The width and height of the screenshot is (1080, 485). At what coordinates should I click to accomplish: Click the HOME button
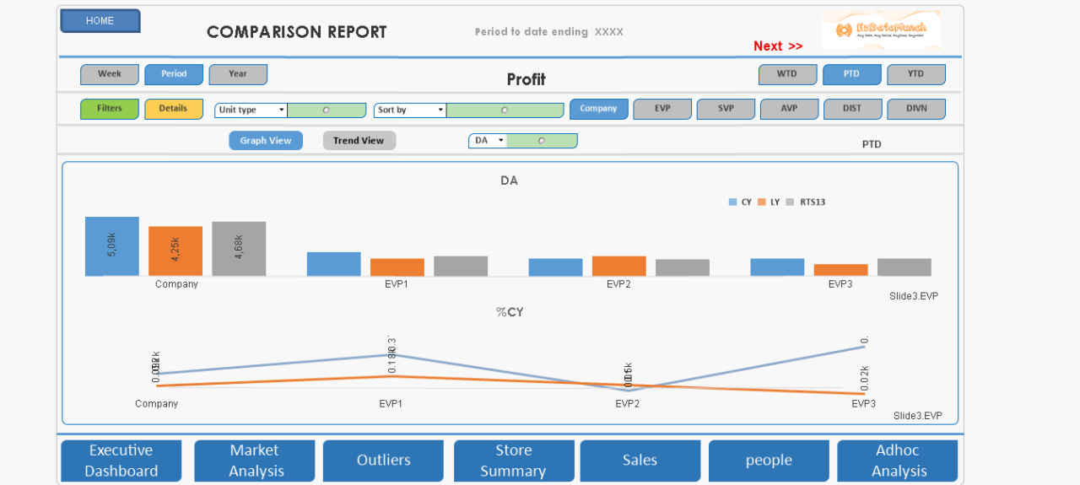coord(100,21)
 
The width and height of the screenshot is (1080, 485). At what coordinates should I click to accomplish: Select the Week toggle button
coord(110,74)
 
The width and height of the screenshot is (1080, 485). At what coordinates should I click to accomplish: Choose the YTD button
coord(915,74)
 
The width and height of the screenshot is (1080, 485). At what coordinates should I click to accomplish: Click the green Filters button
coord(110,109)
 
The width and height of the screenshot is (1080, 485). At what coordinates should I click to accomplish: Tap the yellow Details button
coord(173,109)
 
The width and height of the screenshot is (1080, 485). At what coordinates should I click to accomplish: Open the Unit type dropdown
coord(251,110)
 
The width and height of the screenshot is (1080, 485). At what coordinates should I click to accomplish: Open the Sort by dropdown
coord(410,110)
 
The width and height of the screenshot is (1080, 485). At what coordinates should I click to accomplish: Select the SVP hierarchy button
coord(726,109)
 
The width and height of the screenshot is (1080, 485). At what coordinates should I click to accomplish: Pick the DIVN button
coord(915,109)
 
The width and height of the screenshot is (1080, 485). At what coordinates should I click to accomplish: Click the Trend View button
coord(359,141)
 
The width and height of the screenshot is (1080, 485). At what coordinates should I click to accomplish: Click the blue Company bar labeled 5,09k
coord(111,246)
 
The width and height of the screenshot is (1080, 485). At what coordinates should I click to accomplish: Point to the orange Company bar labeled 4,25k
coord(175,251)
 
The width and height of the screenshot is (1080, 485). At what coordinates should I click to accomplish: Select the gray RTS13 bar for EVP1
coord(461,266)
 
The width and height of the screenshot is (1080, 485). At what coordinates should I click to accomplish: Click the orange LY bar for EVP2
coord(618,266)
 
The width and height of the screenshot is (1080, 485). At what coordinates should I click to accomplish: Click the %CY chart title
coord(510,312)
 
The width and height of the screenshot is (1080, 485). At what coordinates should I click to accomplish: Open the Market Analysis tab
coord(254,461)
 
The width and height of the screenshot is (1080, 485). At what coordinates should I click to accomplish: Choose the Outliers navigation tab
coord(383,461)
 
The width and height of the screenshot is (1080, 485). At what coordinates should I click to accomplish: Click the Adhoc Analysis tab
coord(897,461)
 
